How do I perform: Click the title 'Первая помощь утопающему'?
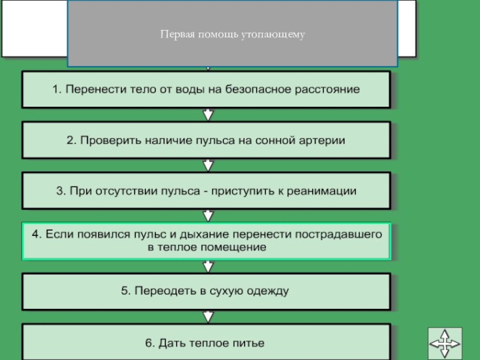232,34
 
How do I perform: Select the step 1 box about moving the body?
206,90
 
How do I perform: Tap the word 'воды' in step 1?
190,90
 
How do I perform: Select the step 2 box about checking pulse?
206,140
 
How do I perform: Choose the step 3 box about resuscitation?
206,191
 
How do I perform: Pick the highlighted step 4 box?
206,241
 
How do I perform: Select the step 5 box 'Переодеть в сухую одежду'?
206,292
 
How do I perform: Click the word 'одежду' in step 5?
268,292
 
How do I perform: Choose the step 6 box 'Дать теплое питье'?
206,343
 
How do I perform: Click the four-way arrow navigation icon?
445,344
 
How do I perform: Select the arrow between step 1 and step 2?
208,115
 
